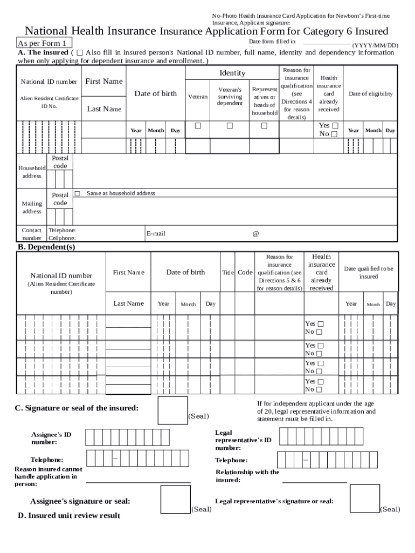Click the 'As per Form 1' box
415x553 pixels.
pos(44,43)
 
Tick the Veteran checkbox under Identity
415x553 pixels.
pos(198,126)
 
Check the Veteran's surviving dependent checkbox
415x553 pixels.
pos(230,126)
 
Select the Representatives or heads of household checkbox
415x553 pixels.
pos(264,126)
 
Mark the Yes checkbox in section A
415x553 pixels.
pos(335,125)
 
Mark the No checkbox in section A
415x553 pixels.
pos(334,134)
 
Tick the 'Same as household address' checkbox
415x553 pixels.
pos(78,193)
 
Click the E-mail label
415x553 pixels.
pos(156,234)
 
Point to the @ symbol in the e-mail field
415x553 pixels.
pos(255,234)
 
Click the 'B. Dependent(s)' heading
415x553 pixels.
pos(46,247)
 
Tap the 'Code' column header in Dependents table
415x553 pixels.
pos(245,273)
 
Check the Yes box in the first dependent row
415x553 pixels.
pos(320,324)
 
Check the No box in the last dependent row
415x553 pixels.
pos(319,389)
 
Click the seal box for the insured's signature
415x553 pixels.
pos(172,410)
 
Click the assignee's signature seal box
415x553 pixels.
pos(176,500)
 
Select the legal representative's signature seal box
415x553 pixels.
pos(365,498)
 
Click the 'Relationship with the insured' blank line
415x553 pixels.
pos(314,482)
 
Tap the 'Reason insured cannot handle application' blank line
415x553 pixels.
pos(139,482)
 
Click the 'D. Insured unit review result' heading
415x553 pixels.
pos(69,516)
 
